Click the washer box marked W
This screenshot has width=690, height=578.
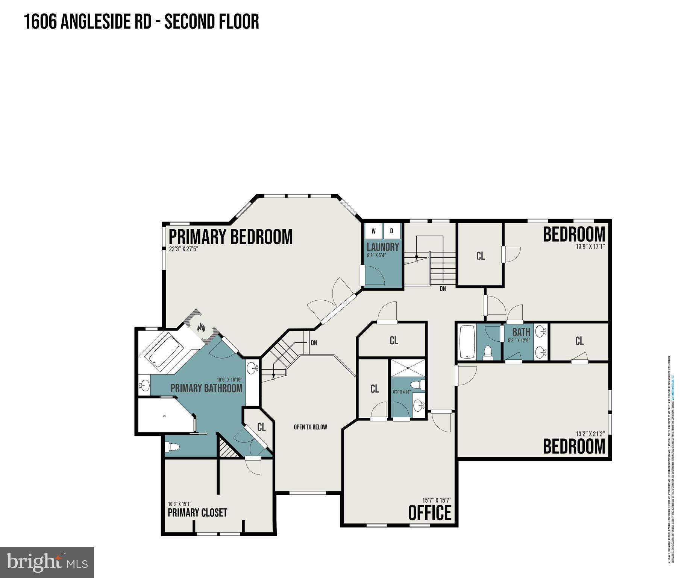click(x=373, y=231)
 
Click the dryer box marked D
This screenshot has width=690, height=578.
click(x=391, y=231)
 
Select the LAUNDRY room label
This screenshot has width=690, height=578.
click(x=382, y=247)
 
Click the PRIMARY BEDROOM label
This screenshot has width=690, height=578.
click(x=231, y=237)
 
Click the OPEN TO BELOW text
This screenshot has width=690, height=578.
click(x=310, y=427)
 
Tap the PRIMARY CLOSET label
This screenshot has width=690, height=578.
click(x=197, y=513)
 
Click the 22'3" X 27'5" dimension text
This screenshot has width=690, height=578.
click(x=183, y=249)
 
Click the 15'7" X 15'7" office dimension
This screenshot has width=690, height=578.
click(x=436, y=500)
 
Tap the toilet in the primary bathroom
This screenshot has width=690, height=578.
click(x=173, y=447)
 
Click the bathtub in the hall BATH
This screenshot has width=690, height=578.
click(x=467, y=342)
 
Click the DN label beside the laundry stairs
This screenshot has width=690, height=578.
click(x=443, y=289)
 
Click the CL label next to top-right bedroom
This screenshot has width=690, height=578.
click(x=480, y=256)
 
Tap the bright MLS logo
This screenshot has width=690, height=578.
click(x=47, y=562)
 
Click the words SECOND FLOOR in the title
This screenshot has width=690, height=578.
click(x=212, y=21)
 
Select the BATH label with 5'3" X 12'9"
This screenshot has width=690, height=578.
click(x=521, y=332)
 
